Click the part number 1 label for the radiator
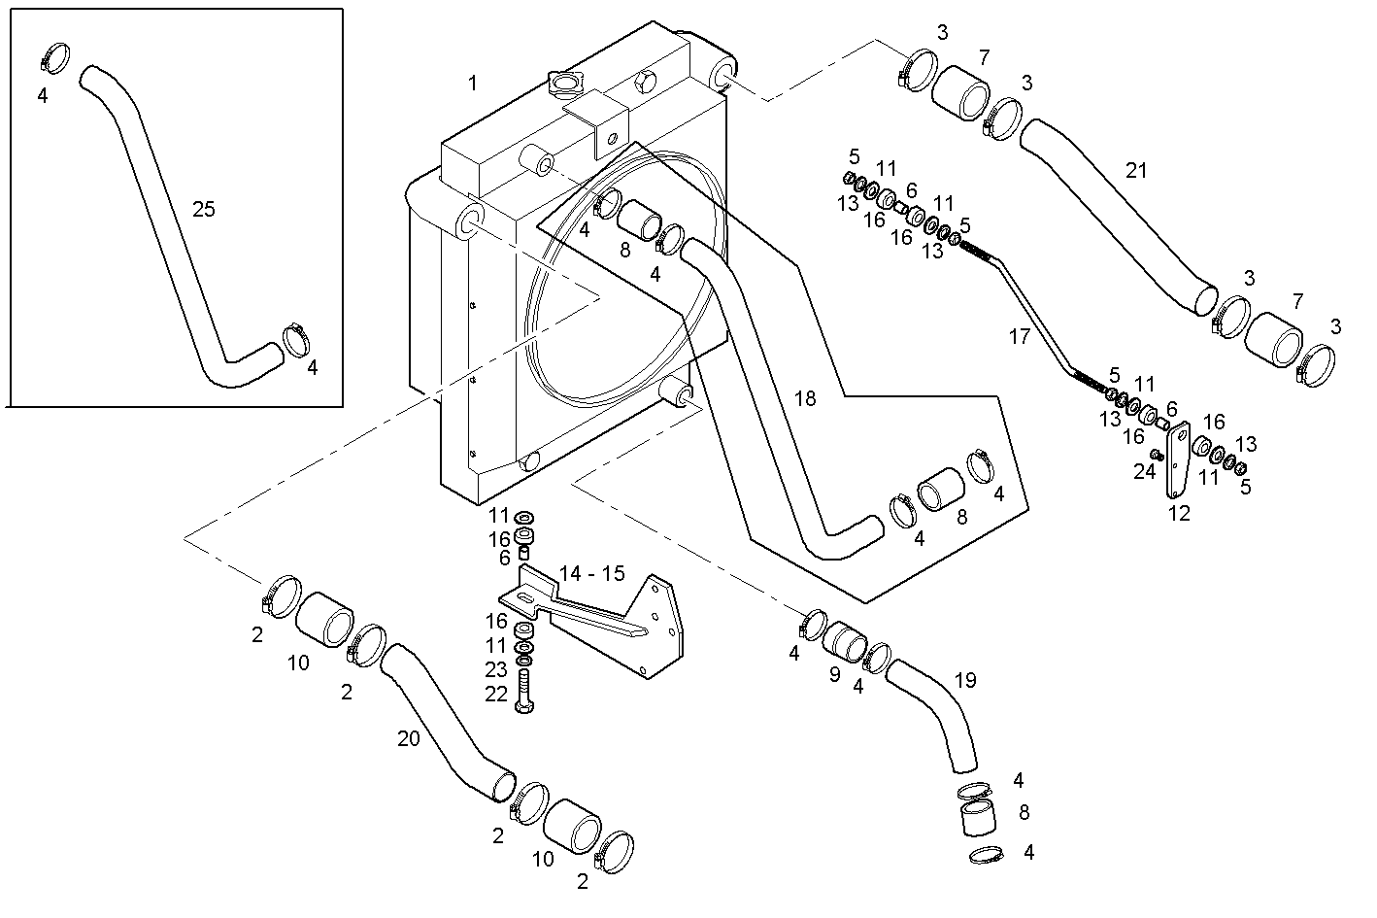(473, 84)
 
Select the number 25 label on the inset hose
(203, 209)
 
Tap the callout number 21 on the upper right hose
(1136, 171)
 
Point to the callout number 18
(805, 398)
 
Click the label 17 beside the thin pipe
(1019, 337)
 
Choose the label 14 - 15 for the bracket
(592, 573)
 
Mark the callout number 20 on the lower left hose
(409, 738)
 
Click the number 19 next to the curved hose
(964, 680)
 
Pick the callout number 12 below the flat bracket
(1179, 514)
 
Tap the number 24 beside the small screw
(1145, 471)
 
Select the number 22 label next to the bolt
(496, 694)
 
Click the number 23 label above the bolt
(496, 669)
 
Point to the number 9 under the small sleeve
(834, 673)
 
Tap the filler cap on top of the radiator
(562, 85)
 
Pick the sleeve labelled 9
(843, 641)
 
